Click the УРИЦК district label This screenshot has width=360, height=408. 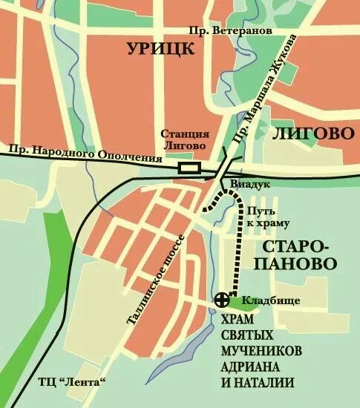tap(160, 50)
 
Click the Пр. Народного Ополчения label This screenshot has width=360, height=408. tap(85, 154)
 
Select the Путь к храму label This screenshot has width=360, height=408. tap(267, 216)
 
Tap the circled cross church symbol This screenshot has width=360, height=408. tap(220, 300)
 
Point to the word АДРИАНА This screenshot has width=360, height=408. tap(253, 367)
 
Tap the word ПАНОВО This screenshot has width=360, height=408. tap(295, 263)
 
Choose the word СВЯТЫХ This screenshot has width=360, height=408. tap(243, 335)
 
